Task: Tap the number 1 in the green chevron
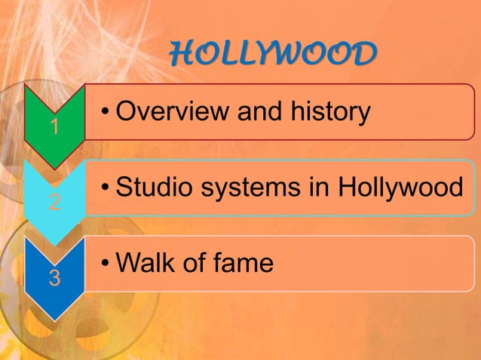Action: pyautogui.click(x=54, y=127)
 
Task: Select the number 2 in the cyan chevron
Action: pyautogui.click(x=54, y=203)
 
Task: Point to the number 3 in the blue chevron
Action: pyautogui.click(x=54, y=278)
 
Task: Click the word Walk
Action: pyautogui.click(x=146, y=264)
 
